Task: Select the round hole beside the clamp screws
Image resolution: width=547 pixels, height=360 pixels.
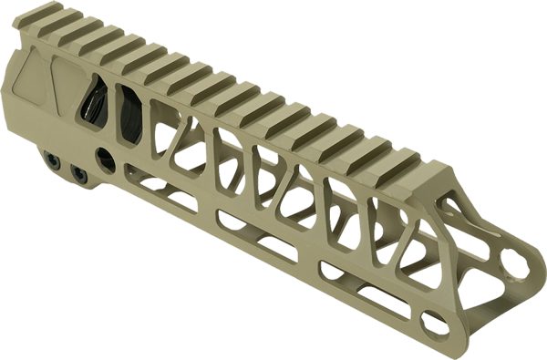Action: pyautogui.click(x=106, y=159)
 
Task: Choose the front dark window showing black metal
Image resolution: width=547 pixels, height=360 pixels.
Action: pyautogui.click(x=128, y=114)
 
